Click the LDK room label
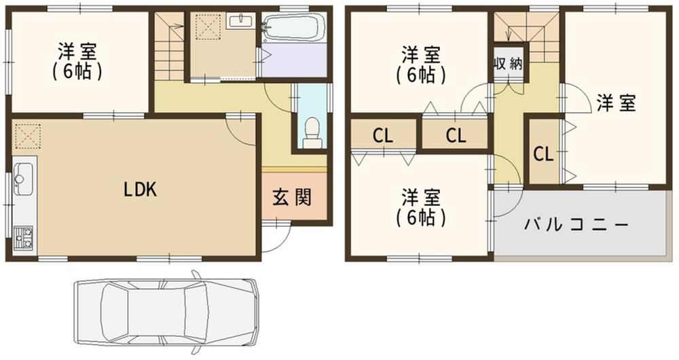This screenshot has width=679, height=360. [140, 190]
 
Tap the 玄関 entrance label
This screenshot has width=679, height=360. [292, 198]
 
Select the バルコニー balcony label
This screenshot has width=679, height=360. [576, 224]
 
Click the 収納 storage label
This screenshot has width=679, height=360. [509, 64]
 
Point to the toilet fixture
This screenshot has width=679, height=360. [312, 133]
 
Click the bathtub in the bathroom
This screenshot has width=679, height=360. [294, 27]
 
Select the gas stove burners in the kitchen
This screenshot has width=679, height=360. [23, 238]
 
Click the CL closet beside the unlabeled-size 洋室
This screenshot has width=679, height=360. [543, 154]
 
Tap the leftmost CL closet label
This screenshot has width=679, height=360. [383, 136]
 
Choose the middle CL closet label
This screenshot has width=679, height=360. [456, 136]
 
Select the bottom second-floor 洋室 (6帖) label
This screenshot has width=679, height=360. [420, 207]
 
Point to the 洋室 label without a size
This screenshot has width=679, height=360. [617, 103]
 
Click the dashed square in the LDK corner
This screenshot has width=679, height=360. [28, 137]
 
